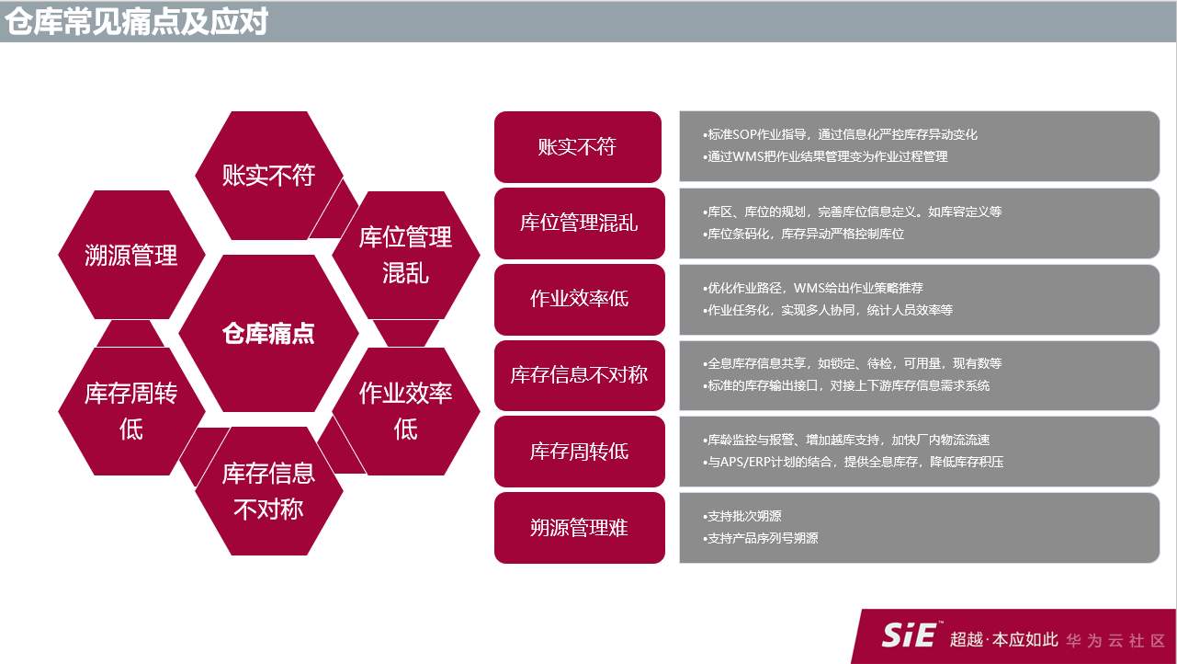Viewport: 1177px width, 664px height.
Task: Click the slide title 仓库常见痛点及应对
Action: [x=136, y=20]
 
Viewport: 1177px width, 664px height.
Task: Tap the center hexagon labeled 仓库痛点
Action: [x=268, y=333]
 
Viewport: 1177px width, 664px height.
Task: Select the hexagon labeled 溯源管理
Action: [x=130, y=255]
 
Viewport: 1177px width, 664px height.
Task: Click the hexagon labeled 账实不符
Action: [x=268, y=175]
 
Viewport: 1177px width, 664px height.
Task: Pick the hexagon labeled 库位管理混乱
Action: [x=405, y=255]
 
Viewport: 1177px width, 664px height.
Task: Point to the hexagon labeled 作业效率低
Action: [x=405, y=410]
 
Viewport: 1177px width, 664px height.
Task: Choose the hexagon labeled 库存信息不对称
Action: [x=268, y=490]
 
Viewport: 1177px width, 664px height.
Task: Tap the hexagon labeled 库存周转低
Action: [x=130, y=410]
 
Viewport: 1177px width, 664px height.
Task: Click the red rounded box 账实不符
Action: [x=577, y=147]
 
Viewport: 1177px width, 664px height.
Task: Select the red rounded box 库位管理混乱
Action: [x=577, y=223]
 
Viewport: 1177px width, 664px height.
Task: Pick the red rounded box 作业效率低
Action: [x=577, y=300]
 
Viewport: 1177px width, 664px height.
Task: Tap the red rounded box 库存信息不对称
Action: [x=577, y=375]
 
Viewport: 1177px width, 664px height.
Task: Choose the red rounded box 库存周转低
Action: [x=577, y=452]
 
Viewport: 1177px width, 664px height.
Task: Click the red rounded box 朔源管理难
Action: [x=577, y=528]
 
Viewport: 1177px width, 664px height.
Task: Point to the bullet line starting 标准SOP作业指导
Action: [x=840, y=134]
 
